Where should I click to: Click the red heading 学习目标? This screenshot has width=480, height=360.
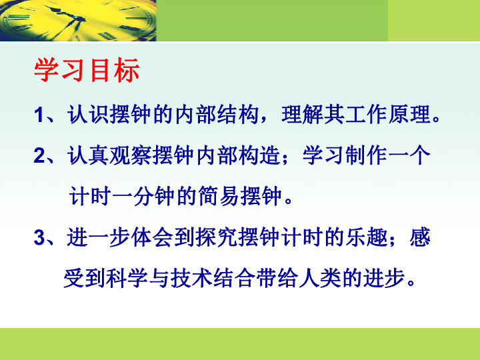tap(87, 70)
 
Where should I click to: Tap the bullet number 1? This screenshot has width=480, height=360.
tap(39, 115)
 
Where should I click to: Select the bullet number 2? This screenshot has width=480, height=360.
tap(39, 155)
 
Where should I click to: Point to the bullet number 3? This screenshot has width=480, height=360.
tap(39, 237)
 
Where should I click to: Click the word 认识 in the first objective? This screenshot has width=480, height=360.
tap(88, 115)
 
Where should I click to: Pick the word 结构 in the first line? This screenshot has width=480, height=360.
tap(238, 115)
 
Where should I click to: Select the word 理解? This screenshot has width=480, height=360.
tap(303, 115)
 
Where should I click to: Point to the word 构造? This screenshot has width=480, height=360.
tap(259, 155)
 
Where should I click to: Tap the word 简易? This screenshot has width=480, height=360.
tap(219, 196)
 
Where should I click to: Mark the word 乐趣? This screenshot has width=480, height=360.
tap(367, 237)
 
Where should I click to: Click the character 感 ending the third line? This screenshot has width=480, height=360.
tap(420, 237)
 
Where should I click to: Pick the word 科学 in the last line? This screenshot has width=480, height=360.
tap(127, 278)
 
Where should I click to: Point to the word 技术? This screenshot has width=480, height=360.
tap(191, 278)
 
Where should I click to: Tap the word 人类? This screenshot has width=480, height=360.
tap(320, 278)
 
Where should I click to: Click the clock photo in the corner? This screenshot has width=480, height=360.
tap(78, 21)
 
